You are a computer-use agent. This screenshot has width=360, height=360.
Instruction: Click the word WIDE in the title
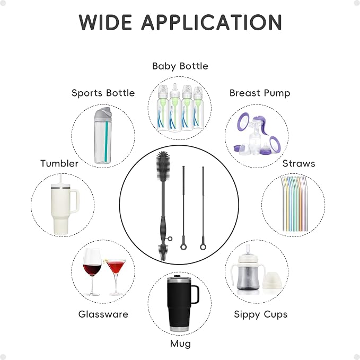pyautogui.click(x=106, y=22)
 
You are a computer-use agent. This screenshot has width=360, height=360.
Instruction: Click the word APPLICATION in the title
pyautogui.click(x=212, y=22)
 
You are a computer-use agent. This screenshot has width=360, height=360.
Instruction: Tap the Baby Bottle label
pyautogui.click(x=180, y=66)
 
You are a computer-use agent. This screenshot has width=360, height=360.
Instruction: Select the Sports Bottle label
pyautogui.click(x=103, y=93)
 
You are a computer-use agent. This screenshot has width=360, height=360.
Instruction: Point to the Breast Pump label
pyautogui.click(x=260, y=93)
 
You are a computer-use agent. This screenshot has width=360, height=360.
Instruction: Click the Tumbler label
pyautogui.click(x=59, y=163)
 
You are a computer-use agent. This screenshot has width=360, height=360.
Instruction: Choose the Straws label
pyautogui.click(x=298, y=163)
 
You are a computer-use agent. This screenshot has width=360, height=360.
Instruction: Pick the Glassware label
pyautogui.click(x=103, y=314)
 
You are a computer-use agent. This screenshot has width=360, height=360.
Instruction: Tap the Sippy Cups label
pyautogui.click(x=260, y=314)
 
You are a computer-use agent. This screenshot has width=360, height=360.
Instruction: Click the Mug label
pyautogui.click(x=180, y=344)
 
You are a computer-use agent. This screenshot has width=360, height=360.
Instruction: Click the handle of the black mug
pyautogui.click(x=195, y=294)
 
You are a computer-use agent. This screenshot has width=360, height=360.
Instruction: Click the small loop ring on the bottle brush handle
pyautogui.click(x=170, y=239)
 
